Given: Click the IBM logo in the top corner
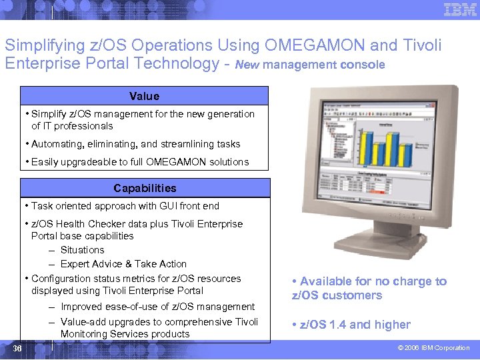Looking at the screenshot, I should click(x=460, y=9).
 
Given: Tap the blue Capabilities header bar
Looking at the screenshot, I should click(x=145, y=188).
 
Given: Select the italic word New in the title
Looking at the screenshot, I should click(x=247, y=65).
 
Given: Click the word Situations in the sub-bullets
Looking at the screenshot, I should click(x=82, y=250).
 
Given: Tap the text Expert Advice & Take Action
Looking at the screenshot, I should click(x=123, y=264).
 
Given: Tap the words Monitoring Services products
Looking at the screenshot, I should click(x=125, y=334).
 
